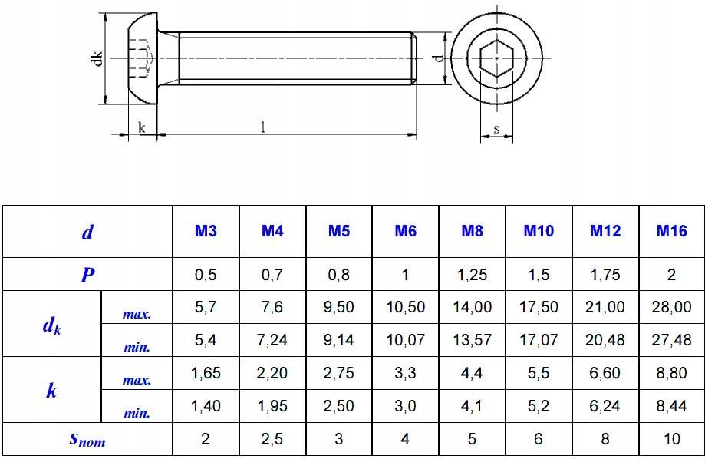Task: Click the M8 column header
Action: coord(472,231)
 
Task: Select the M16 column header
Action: coord(671,231)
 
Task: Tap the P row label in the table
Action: coord(87,275)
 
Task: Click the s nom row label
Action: coord(87,439)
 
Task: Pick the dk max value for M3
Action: coord(206,307)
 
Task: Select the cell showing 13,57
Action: coord(472,340)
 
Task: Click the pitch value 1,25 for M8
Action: coord(472,275)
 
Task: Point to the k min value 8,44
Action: coord(671,406)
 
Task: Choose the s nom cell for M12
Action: coord(605,439)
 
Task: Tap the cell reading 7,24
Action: coord(272,340)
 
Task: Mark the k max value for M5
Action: coord(338,373)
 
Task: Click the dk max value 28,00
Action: coord(671,307)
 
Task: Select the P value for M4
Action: coord(272,275)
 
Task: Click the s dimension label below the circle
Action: coord(496,129)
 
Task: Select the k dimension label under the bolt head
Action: coord(142,128)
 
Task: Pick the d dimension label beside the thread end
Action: coord(436,58)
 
